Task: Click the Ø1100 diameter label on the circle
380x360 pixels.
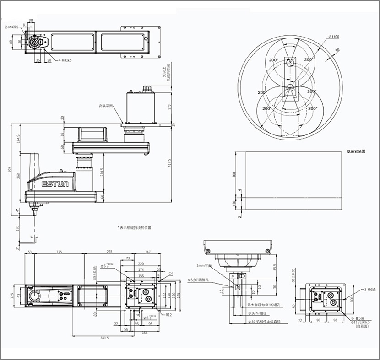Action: (333, 37)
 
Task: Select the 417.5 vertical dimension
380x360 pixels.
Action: (170, 163)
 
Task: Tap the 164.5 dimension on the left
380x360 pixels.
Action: (18, 139)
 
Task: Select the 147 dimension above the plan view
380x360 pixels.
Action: (147, 252)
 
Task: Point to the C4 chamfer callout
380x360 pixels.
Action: (170, 273)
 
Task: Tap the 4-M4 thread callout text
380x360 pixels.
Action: (65, 60)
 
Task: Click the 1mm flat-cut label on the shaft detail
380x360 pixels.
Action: (204, 265)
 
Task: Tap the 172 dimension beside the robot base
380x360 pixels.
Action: (169, 107)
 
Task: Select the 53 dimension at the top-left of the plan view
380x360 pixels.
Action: (30, 252)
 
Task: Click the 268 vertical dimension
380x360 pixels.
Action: (18, 176)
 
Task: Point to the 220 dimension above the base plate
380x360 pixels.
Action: (141, 264)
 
